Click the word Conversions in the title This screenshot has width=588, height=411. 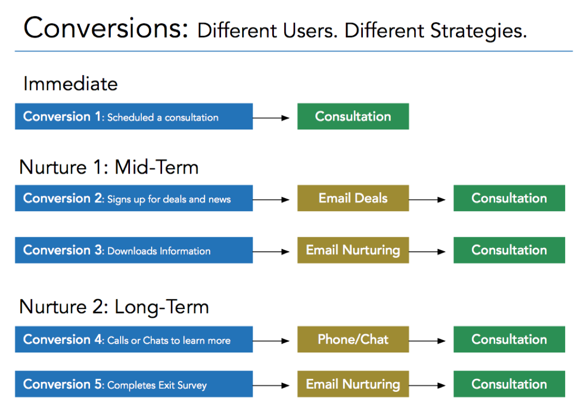click(x=106, y=28)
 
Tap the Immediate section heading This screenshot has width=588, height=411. click(x=70, y=84)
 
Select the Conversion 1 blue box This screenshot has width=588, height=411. click(x=134, y=116)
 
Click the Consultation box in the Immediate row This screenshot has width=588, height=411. click(x=353, y=116)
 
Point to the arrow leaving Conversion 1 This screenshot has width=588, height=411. click(x=271, y=118)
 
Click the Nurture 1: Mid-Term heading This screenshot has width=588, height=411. click(x=109, y=167)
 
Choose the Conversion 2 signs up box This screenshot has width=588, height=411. click(x=134, y=198)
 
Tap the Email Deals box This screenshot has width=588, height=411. click(x=353, y=198)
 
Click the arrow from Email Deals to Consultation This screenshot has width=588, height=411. click(x=427, y=199)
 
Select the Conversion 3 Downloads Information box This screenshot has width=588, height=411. click(x=134, y=250)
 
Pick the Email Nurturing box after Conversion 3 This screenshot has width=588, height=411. click(x=353, y=250)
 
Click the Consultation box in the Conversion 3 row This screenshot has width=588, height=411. click(x=509, y=250)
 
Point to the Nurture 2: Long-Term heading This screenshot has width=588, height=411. click(x=114, y=307)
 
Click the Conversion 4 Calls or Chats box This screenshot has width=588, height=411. click(x=134, y=340)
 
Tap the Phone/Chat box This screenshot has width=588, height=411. click(x=353, y=340)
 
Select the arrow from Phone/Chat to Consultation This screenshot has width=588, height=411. click(x=427, y=341)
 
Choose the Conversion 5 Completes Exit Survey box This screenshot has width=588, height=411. click(x=134, y=384)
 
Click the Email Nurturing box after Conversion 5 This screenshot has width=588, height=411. click(x=353, y=384)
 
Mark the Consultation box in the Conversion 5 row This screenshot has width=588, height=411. click(x=509, y=384)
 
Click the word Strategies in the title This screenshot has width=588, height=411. click(x=478, y=31)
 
